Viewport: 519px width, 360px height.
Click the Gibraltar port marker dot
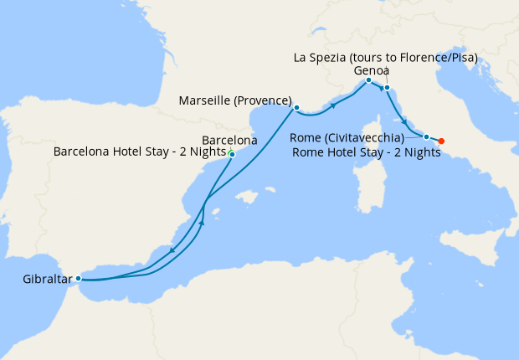pyautogui.click(x=78, y=278)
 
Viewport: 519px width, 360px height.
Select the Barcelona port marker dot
pyautogui.click(x=231, y=154)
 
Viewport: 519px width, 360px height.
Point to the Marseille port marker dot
pyautogui.click(x=296, y=107)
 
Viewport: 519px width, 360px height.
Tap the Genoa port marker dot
pyautogui.click(x=368, y=80)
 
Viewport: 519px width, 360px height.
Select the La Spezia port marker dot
pyautogui.click(x=387, y=87)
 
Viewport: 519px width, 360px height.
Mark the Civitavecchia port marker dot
pyautogui.click(x=426, y=136)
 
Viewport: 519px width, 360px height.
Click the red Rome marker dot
pyautogui.click(x=441, y=141)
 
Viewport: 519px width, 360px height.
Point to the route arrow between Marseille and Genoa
pyautogui.click(x=334, y=105)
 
